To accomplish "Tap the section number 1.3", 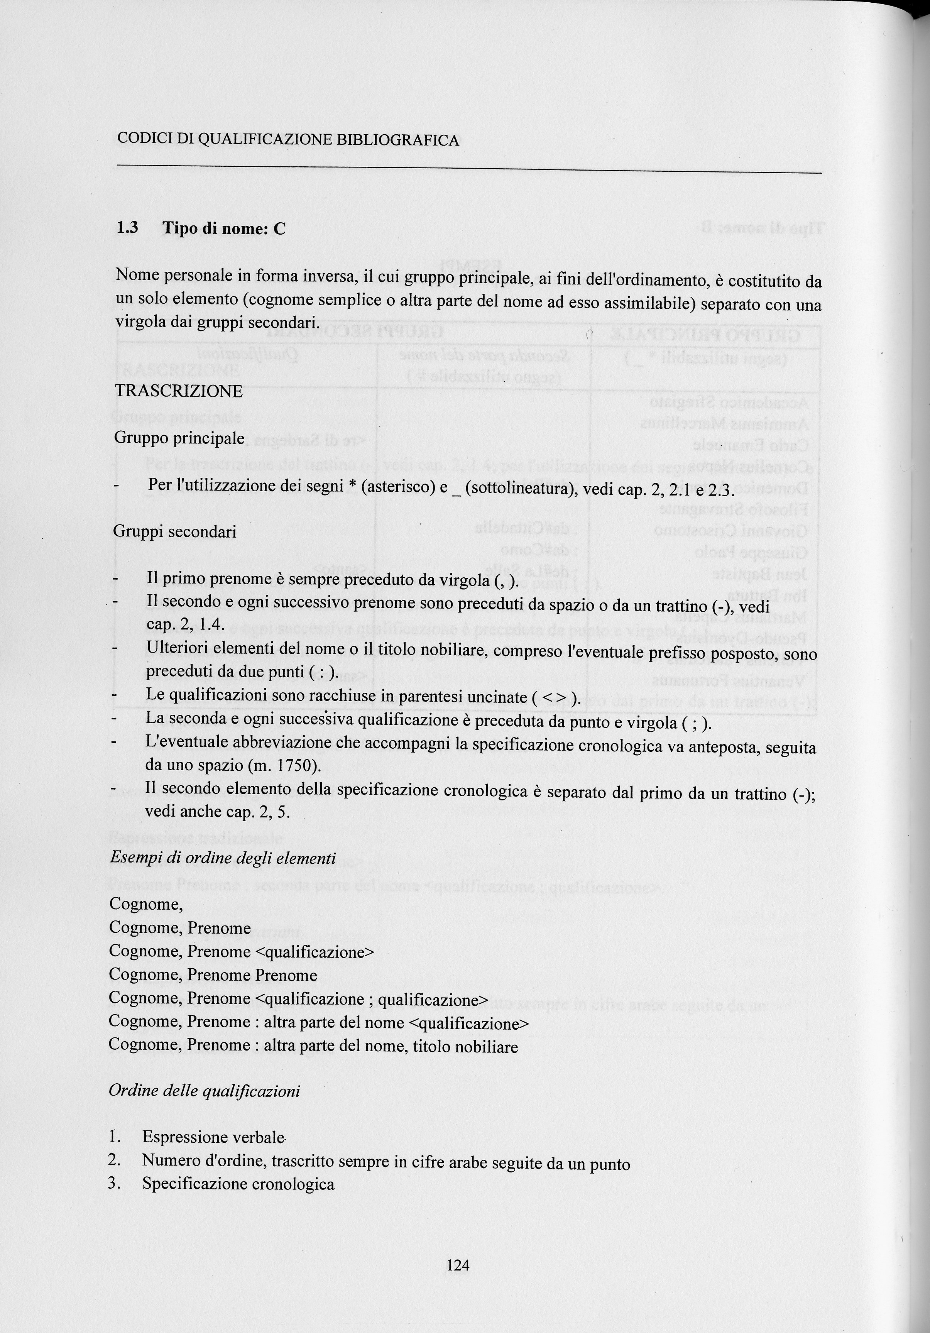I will click(x=127, y=228).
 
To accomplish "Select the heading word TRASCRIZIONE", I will click(x=178, y=391).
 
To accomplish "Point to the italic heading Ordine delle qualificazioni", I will click(x=205, y=1091).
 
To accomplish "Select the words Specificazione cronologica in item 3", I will click(x=238, y=1184).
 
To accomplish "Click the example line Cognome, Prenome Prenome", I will click(x=213, y=975).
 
